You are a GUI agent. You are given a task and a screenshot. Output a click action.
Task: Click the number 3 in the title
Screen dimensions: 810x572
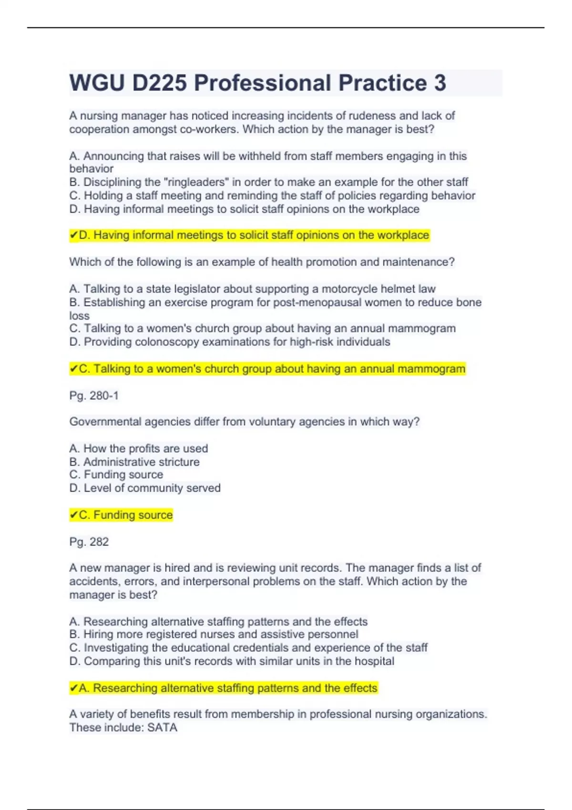tap(439, 83)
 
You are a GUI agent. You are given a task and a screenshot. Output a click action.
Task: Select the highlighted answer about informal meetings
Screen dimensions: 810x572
tap(249, 235)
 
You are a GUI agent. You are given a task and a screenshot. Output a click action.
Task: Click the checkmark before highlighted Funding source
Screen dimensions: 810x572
tap(73, 515)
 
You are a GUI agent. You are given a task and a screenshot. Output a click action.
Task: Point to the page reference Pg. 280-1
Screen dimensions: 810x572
tap(94, 395)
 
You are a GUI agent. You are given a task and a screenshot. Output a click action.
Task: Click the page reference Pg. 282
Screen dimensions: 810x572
tap(89, 542)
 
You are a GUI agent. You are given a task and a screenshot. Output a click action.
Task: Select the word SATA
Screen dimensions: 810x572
tap(162, 728)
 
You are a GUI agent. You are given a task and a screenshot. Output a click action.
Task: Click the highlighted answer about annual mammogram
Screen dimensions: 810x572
tap(267, 369)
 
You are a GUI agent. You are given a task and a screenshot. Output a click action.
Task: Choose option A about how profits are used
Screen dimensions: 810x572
tap(139, 448)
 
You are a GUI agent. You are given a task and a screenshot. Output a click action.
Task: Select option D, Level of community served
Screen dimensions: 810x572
tap(145, 488)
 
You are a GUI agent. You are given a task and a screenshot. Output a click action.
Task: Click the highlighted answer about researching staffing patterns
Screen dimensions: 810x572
tap(224, 688)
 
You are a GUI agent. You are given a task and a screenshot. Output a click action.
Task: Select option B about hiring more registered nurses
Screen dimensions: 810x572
tap(214, 634)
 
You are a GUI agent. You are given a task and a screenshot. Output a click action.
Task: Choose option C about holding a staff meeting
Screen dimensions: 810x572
tap(272, 195)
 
